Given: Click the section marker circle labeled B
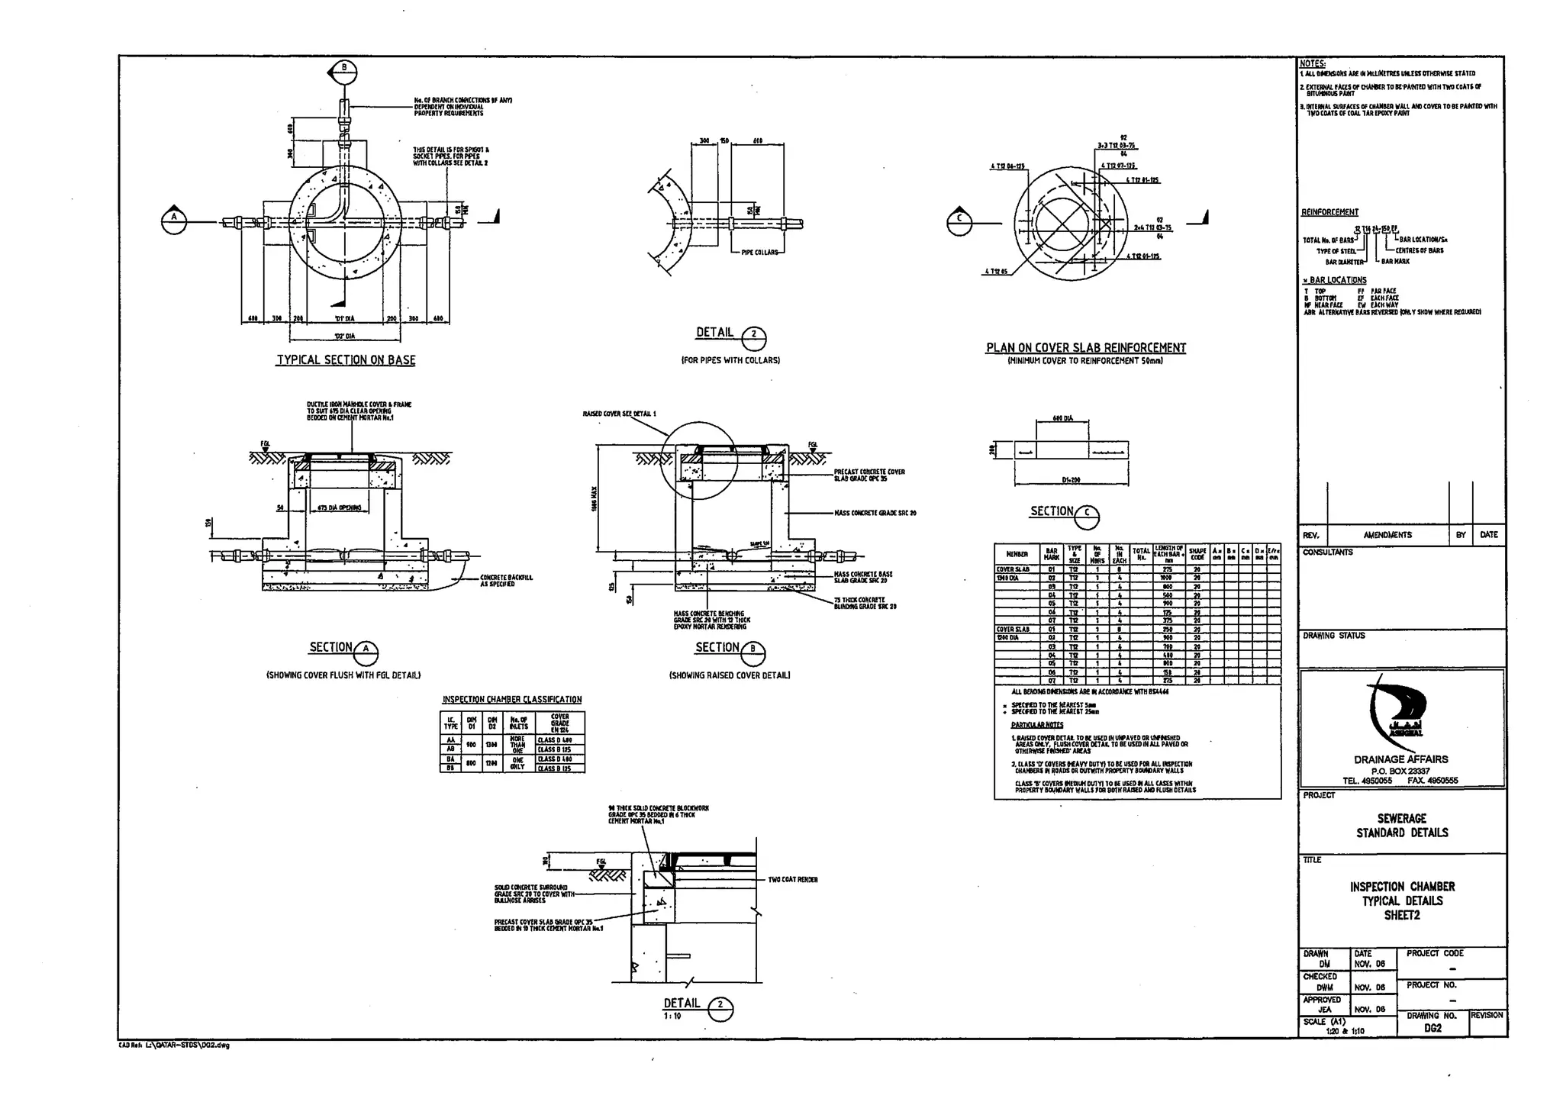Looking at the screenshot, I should [x=344, y=71].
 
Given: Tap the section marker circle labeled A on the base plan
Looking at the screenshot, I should [x=174, y=221].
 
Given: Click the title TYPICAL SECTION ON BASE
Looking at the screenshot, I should [x=346, y=360].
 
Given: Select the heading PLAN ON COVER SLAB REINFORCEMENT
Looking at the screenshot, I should [x=1085, y=348].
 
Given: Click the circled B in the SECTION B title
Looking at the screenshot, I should [x=753, y=652].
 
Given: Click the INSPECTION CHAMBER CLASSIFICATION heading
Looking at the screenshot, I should [x=511, y=700].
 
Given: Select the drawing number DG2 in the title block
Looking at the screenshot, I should [x=1432, y=1028].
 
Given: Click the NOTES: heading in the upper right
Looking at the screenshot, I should [x=1313, y=64].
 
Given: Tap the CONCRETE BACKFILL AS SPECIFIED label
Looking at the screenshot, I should [x=506, y=581].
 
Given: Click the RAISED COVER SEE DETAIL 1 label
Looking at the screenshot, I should [x=619, y=414].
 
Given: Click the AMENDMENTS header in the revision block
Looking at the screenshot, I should [x=1387, y=535].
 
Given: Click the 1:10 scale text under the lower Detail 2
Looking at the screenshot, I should [x=672, y=1016].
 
